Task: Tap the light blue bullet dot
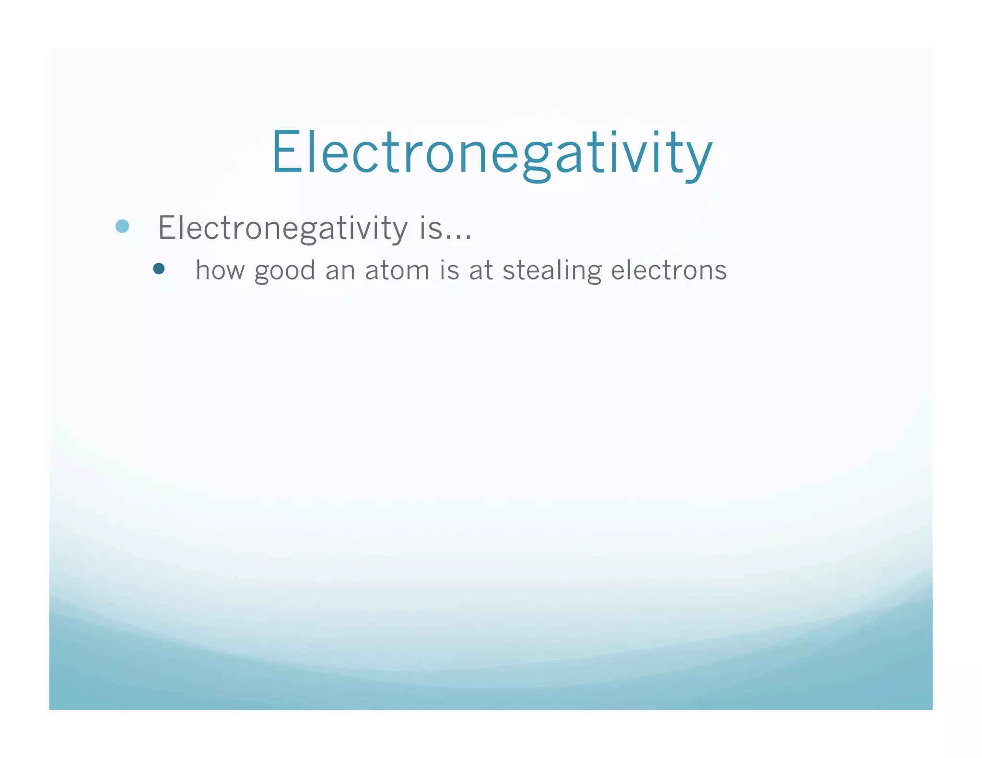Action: [x=123, y=226]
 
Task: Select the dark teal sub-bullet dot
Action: [x=159, y=269]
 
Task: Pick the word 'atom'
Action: [x=397, y=271]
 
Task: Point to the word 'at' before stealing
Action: [x=481, y=271]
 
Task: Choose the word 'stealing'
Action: [x=552, y=271]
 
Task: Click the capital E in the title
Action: [x=287, y=152]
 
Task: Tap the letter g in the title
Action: [x=536, y=161]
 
